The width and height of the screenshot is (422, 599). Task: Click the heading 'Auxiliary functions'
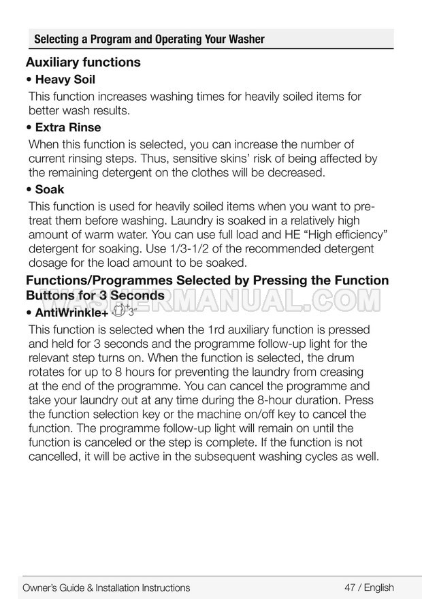83,63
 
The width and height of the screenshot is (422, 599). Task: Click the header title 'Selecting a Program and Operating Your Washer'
149,39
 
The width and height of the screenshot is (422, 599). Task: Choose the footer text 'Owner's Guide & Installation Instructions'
106,587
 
